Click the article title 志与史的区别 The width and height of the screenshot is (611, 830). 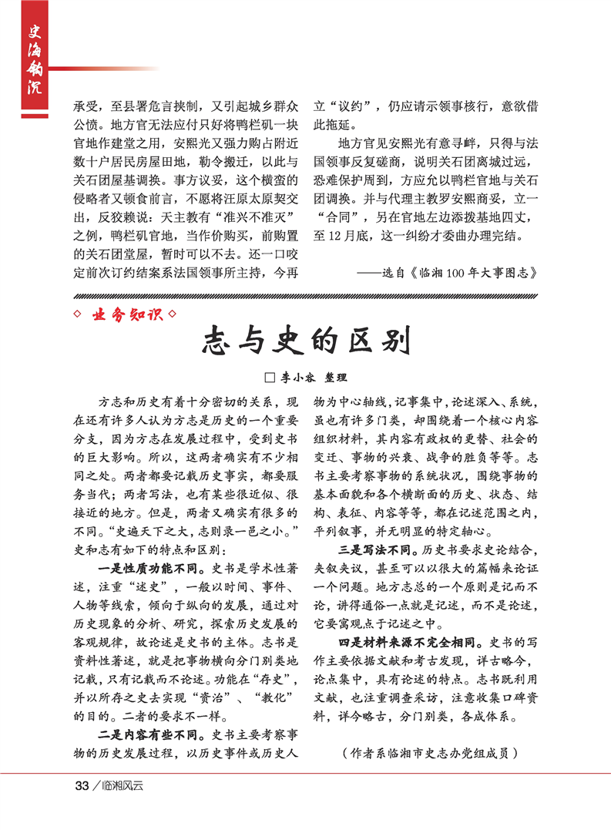305,340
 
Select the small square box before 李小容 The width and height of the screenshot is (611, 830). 270,378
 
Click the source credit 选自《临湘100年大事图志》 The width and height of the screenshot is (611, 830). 448,272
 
